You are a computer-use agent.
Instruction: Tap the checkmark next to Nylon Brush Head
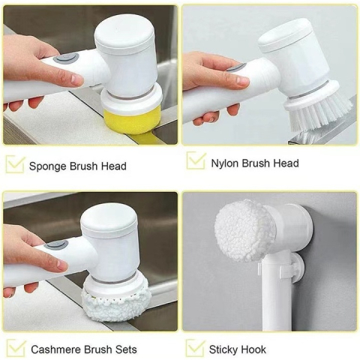[x=196, y=160]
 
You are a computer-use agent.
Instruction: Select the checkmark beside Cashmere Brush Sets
[x=14, y=349]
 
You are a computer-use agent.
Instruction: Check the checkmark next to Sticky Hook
[x=196, y=348]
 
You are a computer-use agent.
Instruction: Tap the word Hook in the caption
[x=253, y=349]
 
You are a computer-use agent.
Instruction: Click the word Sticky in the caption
[x=224, y=349]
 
